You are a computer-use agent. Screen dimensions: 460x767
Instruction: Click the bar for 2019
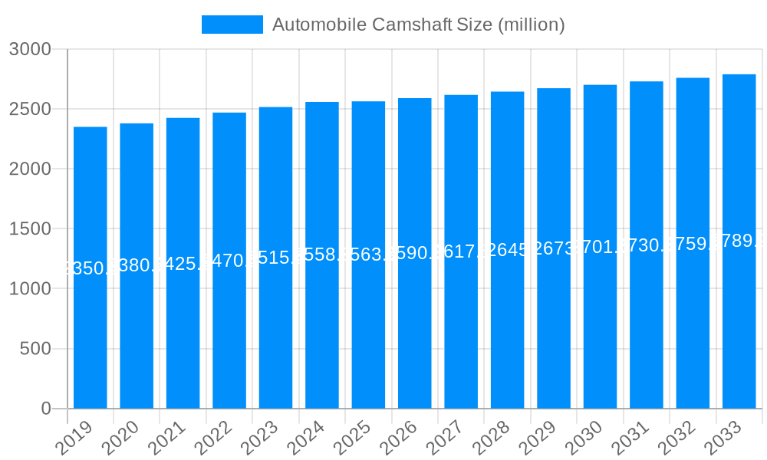click(91, 337)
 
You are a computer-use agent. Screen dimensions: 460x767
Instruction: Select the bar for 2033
click(739, 322)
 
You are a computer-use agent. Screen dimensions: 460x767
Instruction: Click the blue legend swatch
click(232, 25)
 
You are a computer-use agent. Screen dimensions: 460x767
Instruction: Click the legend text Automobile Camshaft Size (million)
click(418, 25)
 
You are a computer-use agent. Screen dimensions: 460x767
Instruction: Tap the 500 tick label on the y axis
click(35, 349)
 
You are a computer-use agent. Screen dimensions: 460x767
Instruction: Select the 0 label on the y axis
click(46, 409)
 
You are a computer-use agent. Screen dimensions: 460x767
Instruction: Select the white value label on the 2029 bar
click(554, 248)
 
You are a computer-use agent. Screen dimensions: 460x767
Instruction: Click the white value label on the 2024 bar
click(322, 255)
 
